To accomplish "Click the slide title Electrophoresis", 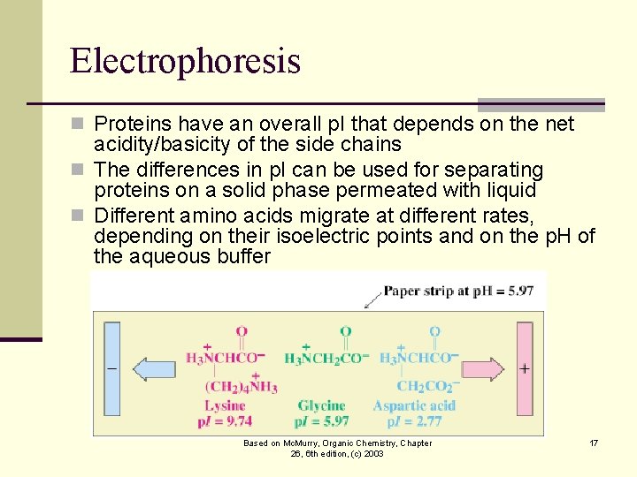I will tap(185, 61).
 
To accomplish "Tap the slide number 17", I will tap(594, 443).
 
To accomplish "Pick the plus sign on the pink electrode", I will tap(525, 367).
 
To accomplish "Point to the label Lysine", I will tap(225, 405).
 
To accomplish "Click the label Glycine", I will tap(322, 405).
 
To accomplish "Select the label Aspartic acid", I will tap(414, 405).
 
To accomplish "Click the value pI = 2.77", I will tap(414, 421).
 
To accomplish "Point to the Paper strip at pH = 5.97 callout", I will tap(458, 291).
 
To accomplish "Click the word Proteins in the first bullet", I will tap(130, 124).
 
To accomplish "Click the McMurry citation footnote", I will tap(337, 448).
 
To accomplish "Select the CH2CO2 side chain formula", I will tap(428, 386).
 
